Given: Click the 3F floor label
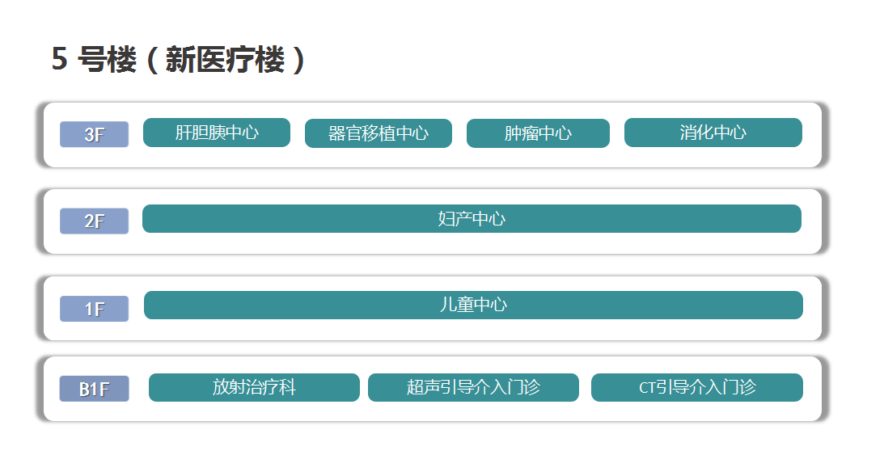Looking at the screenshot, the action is tap(94, 134).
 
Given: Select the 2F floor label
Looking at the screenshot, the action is tap(94, 221).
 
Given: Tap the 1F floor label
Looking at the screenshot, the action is tap(94, 309).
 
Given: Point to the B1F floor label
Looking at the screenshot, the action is tap(94, 389).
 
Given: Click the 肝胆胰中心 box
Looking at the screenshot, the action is tap(217, 133).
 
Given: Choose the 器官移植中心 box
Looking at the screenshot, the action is tap(379, 133).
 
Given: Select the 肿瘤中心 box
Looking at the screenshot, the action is tap(538, 133).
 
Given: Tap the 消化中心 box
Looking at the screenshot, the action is tap(713, 133).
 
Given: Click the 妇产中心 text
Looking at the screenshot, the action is tap(472, 218).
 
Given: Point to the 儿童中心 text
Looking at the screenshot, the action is tap(474, 305).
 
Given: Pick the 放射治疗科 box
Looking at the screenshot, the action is tap(254, 387).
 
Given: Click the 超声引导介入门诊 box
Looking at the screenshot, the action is tap(474, 387).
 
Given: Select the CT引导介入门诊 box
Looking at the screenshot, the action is tap(697, 387).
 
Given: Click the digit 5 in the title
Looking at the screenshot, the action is tap(60, 58).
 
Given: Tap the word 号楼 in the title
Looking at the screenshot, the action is tap(107, 59).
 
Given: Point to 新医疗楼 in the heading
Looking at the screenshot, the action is tap(225, 59).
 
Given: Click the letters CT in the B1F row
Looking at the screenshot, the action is tap(647, 387).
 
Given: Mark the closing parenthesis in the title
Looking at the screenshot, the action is tap(298, 60).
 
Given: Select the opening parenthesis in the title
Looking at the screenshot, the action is tap(152, 60).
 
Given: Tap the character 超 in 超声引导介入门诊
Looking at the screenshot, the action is tap(415, 387).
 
